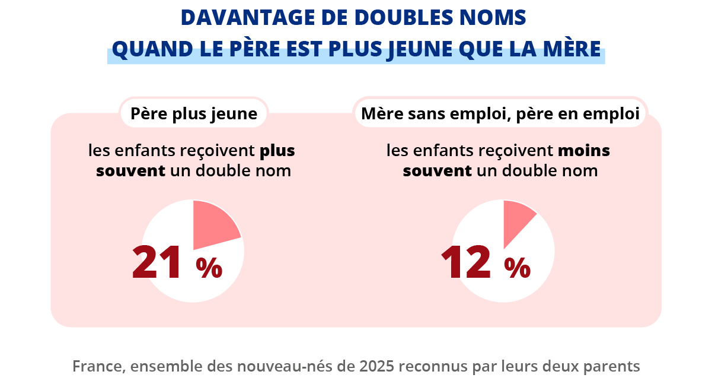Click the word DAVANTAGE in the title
click(248, 17)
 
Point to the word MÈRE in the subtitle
click(572, 49)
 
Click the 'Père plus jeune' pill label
click(194, 113)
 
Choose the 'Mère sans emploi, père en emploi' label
click(500, 113)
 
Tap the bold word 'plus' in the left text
click(277, 151)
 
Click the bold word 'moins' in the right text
click(583, 151)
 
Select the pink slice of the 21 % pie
click(213, 226)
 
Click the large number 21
click(157, 262)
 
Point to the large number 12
click(465, 262)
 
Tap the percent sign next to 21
click(209, 268)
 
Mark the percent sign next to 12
click(517, 268)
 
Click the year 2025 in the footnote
click(376, 366)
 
